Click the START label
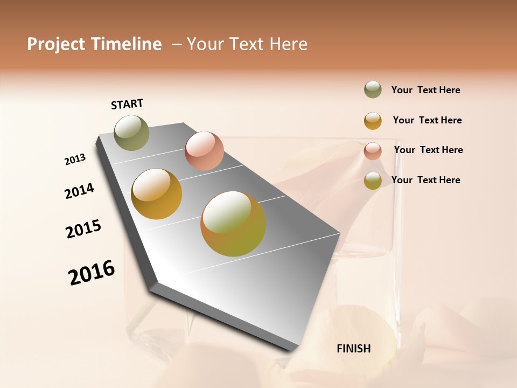(x=127, y=104)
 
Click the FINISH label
(x=353, y=349)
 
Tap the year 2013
(x=75, y=160)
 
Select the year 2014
(x=79, y=191)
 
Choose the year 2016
(x=92, y=273)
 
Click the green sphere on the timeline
(x=131, y=133)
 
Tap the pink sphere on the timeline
(x=204, y=150)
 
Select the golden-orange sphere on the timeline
(x=157, y=194)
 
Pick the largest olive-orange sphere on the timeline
(x=233, y=224)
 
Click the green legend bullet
(x=373, y=90)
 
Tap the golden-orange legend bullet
(x=373, y=120)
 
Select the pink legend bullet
(x=373, y=150)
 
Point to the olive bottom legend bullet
(x=373, y=181)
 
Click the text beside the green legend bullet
(x=425, y=90)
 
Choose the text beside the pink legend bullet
(x=428, y=150)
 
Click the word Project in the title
(x=56, y=44)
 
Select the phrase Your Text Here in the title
(x=247, y=44)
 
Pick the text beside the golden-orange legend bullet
(x=427, y=120)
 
